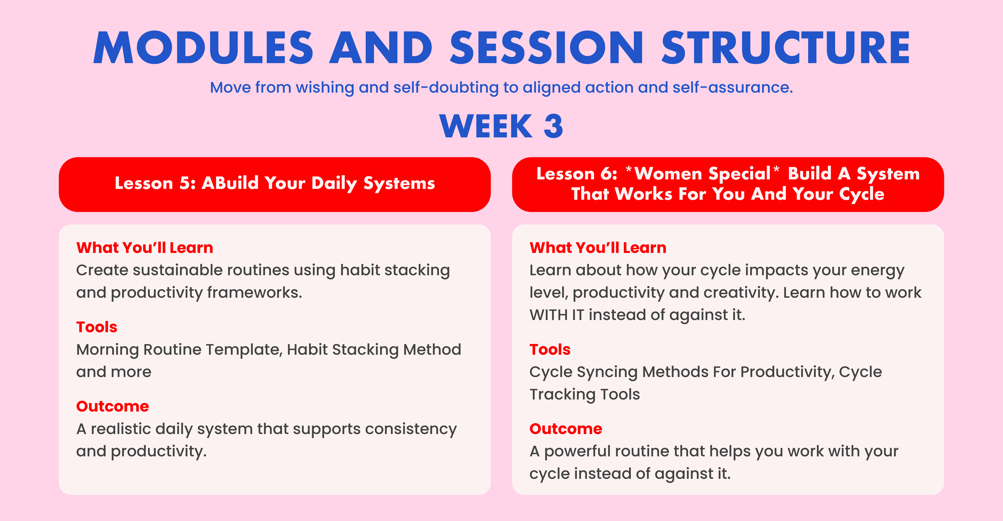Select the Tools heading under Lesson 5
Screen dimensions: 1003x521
point(97,327)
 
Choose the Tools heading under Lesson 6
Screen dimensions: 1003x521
point(550,350)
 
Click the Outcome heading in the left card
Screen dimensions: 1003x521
point(113,406)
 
